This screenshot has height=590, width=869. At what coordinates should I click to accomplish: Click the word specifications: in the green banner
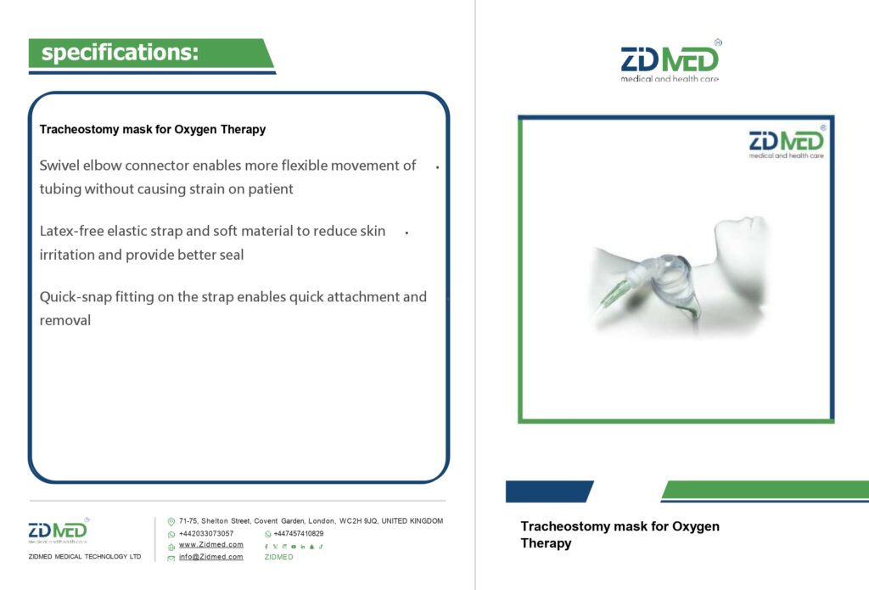pyautogui.click(x=120, y=53)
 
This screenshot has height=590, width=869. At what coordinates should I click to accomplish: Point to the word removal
pyautogui.click(x=64, y=320)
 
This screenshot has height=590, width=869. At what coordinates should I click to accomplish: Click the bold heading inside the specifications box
pyautogui.click(x=153, y=129)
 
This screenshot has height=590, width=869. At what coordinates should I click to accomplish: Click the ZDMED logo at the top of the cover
pyautogui.click(x=670, y=61)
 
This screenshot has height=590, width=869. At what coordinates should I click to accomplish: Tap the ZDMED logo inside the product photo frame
pyautogui.click(x=787, y=142)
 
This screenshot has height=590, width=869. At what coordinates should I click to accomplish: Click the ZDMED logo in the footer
pyautogui.click(x=59, y=530)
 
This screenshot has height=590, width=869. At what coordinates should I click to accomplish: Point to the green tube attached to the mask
pyautogui.click(x=615, y=295)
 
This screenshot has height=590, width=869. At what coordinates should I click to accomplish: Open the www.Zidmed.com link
pyautogui.click(x=210, y=544)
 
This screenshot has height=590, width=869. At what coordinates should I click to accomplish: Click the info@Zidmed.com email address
pyautogui.click(x=210, y=557)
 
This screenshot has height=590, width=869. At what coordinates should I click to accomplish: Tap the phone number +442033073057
pyautogui.click(x=206, y=533)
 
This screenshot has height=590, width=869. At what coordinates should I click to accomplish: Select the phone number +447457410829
pyautogui.click(x=298, y=533)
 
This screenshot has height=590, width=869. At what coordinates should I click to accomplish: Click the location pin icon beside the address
pyautogui.click(x=171, y=522)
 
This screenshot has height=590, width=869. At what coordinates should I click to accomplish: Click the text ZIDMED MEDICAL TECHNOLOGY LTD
pyautogui.click(x=85, y=556)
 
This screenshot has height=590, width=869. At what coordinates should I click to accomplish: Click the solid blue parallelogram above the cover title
pyautogui.click(x=549, y=492)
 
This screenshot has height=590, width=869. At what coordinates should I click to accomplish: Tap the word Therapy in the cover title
pyautogui.click(x=546, y=542)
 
